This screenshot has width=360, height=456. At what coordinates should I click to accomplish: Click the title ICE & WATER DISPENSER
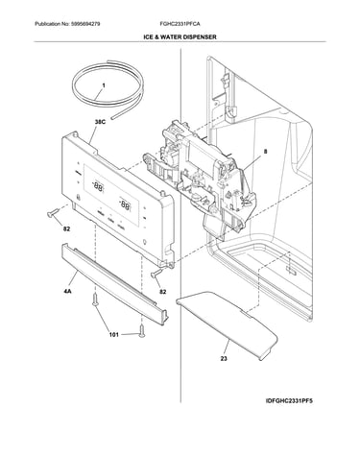180,37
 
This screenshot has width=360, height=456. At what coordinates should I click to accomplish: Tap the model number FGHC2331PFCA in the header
180,24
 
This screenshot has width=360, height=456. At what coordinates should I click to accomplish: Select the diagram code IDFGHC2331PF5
289,400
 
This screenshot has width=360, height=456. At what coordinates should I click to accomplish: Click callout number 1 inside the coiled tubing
104,85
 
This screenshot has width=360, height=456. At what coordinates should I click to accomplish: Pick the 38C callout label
100,122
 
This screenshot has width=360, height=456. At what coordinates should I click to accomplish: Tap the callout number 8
265,152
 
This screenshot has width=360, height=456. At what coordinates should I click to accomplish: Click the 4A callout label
67,292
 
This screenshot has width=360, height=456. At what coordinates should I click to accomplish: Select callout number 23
224,358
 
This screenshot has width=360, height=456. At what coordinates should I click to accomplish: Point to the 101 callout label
114,335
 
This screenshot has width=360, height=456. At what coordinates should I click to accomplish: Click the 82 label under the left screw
66,229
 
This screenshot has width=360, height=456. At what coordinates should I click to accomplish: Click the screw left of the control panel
53,213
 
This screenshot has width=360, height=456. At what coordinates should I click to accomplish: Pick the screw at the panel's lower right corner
156,273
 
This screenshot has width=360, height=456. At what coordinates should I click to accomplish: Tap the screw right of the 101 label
141,330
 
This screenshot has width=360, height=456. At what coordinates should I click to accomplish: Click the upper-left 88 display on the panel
98,186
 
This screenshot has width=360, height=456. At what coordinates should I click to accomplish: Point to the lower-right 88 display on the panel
125,204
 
